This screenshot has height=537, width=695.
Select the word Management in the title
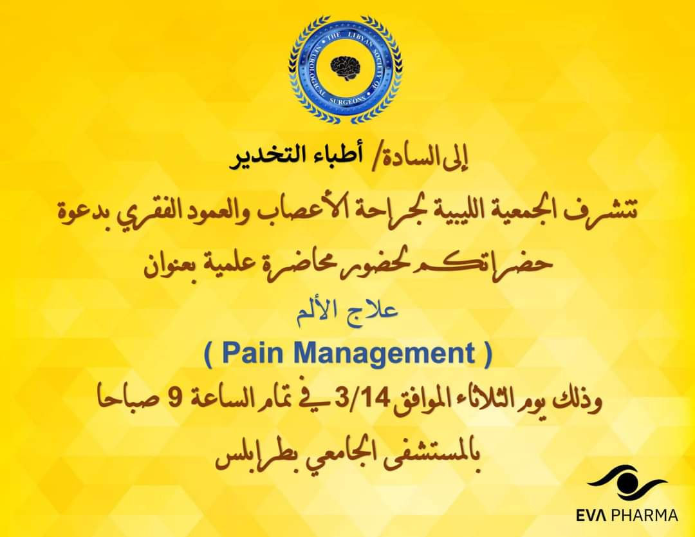pyautogui.click(x=384, y=353)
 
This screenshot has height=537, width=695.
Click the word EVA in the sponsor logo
pyautogui.click(x=593, y=516)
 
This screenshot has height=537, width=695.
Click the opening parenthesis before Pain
pyautogui.click(x=208, y=354)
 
